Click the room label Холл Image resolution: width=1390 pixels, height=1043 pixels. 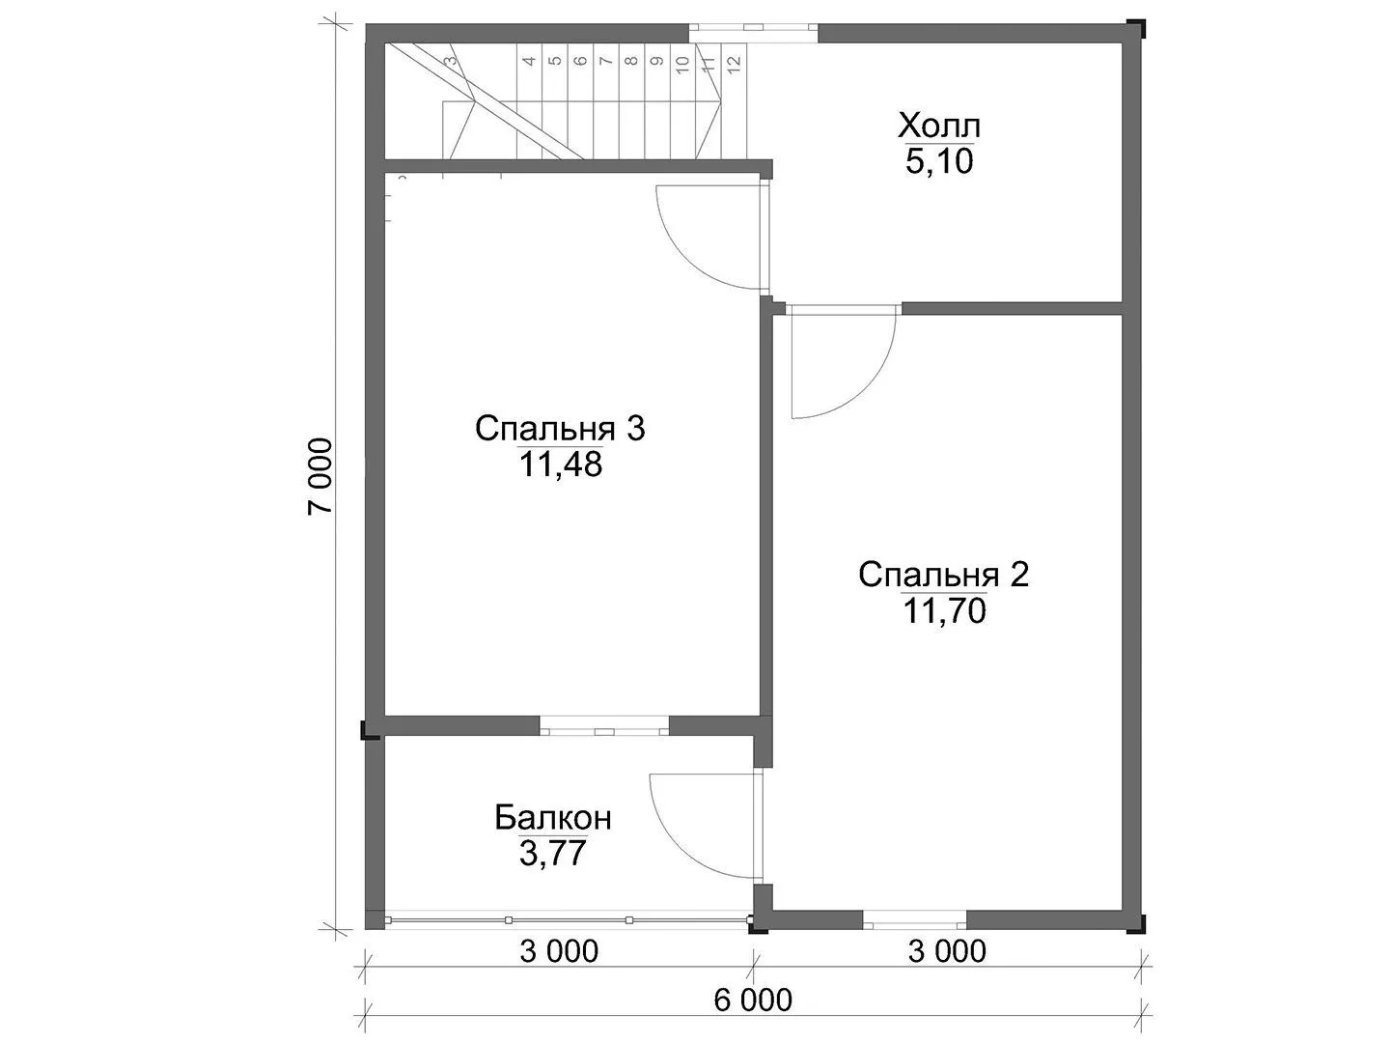(939, 127)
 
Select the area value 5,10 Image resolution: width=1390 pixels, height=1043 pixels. (939, 162)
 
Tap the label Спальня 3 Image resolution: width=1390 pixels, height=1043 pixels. (560, 429)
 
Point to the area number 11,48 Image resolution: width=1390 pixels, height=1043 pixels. (561, 465)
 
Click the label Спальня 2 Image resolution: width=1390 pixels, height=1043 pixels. (943, 575)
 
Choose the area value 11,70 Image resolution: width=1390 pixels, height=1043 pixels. (944, 611)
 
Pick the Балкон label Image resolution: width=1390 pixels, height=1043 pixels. (553, 818)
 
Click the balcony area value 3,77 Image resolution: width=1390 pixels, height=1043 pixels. (553, 853)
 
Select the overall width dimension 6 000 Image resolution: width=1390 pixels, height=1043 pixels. (753, 1001)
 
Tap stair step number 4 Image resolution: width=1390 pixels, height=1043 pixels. (529, 61)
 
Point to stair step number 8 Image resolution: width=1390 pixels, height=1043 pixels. (630, 61)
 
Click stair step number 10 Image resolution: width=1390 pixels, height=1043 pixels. (682, 64)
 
